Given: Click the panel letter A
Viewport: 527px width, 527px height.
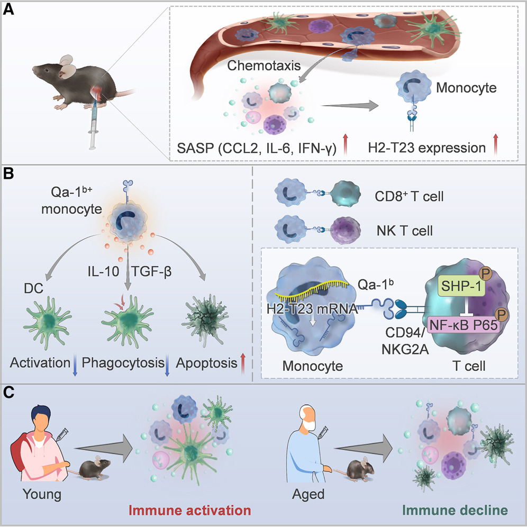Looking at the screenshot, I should click(9, 11).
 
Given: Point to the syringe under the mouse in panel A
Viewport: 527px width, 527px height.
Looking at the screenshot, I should click(95, 127).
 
